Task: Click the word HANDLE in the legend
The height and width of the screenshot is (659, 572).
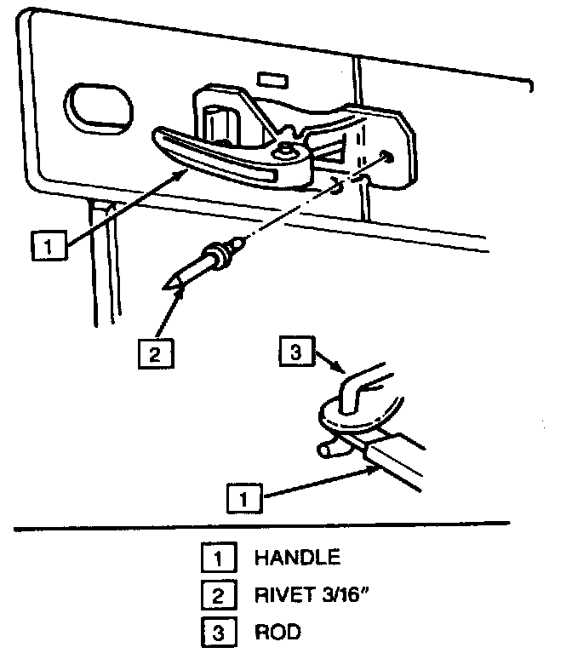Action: tap(298, 558)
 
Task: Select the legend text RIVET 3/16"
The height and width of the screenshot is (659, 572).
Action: tap(312, 594)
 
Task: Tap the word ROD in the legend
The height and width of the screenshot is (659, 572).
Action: tap(277, 632)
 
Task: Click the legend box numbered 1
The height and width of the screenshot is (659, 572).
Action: tap(219, 558)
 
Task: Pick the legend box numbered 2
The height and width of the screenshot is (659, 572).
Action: tap(219, 594)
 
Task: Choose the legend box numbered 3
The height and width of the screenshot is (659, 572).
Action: tap(219, 632)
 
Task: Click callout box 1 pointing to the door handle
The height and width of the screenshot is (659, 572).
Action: tap(49, 245)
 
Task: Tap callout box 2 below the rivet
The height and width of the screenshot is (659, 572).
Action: tap(156, 354)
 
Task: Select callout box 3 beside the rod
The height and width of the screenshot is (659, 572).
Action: tap(297, 351)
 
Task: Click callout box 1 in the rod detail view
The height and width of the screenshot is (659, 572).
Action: tap(244, 498)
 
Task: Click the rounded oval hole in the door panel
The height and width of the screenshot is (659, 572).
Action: tap(99, 109)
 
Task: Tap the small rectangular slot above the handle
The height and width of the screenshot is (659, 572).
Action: tap(272, 80)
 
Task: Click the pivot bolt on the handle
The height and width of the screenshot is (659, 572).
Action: tap(285, 149)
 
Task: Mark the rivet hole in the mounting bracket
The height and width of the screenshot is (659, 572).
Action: tap(386, 158)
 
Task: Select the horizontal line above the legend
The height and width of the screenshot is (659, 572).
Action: tap(262, 526)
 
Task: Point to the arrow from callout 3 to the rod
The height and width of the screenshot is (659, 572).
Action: tap(330, 362)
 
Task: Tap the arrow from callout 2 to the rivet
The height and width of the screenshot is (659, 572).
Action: tap(170, 312)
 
